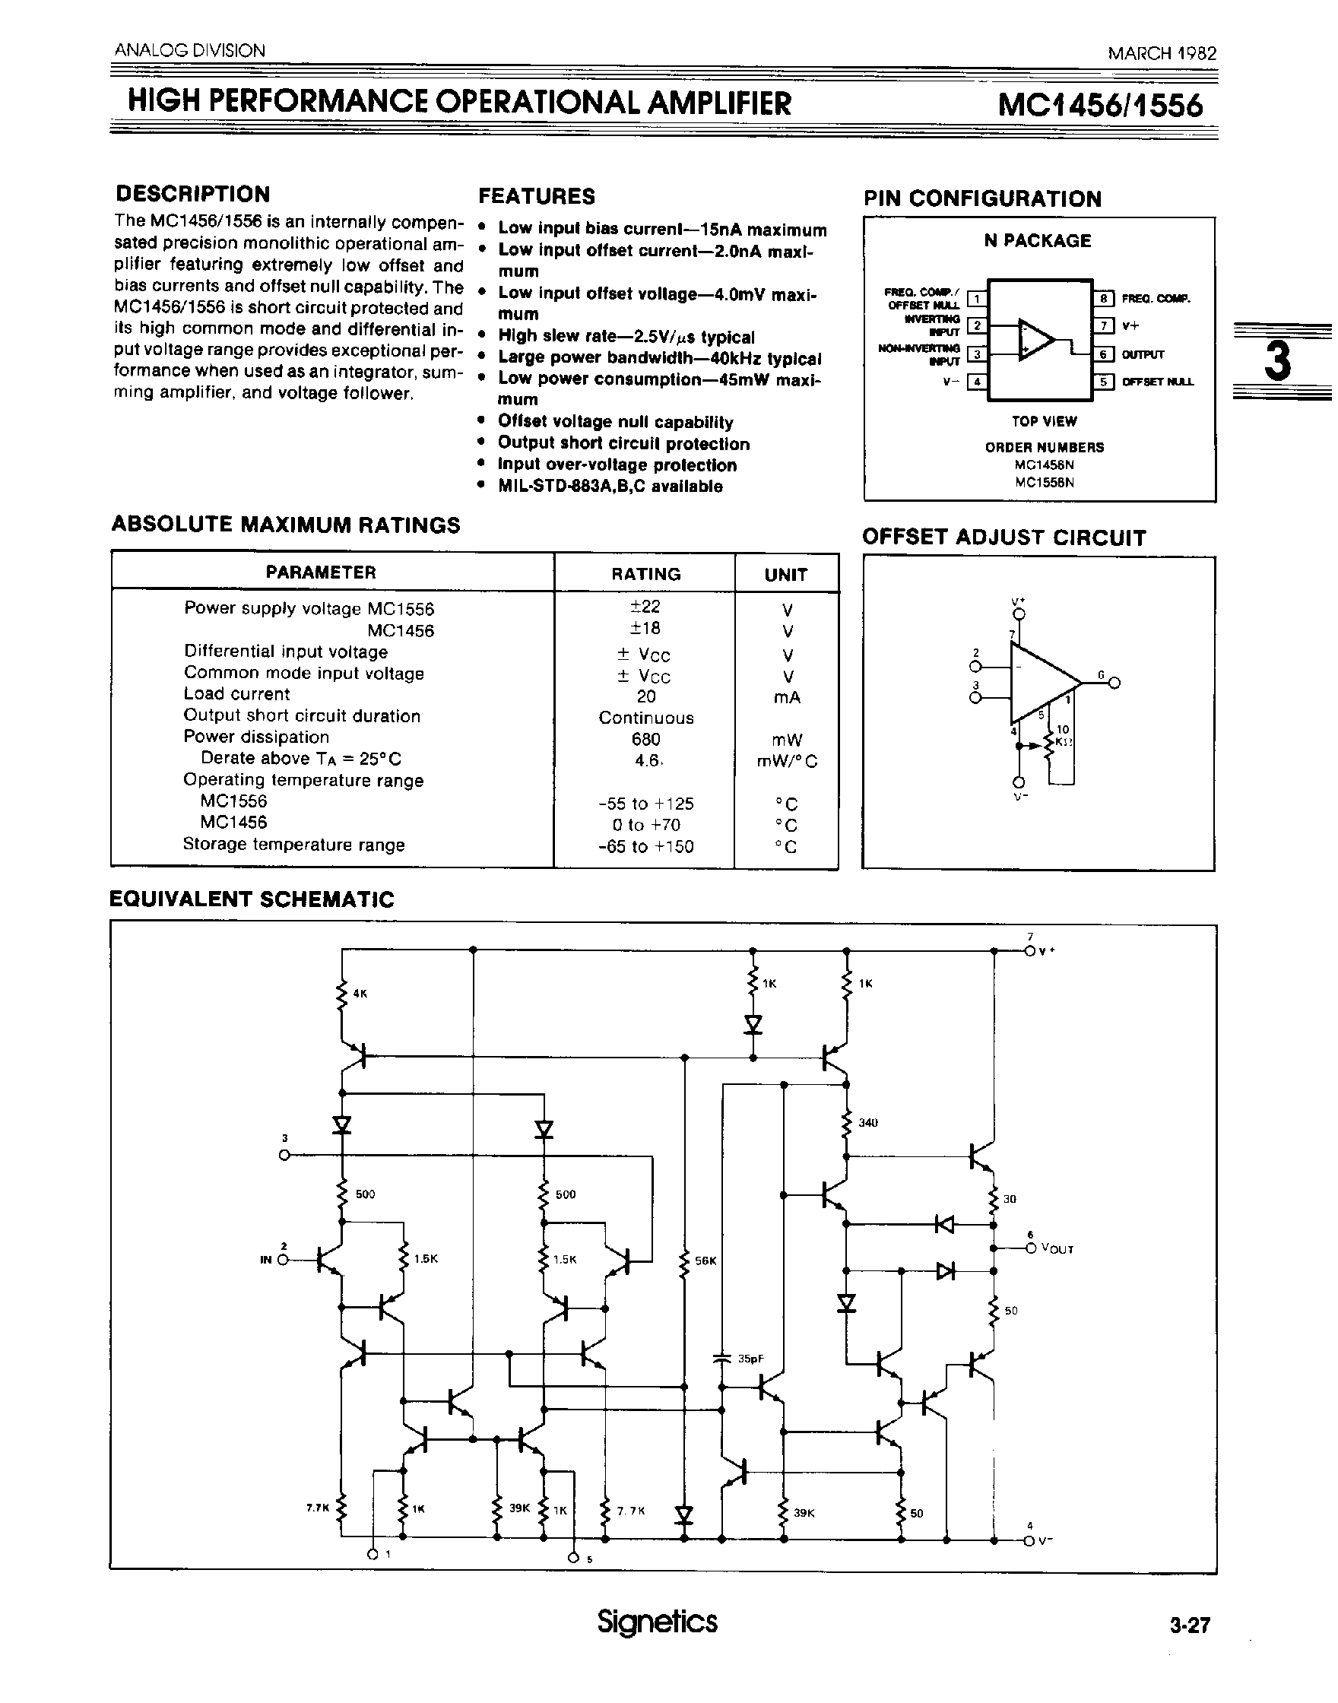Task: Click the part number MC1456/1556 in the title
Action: point(1100,105)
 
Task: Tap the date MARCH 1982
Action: point(1162,53)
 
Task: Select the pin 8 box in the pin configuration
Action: point(1104,299)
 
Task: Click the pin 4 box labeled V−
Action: point(976,382)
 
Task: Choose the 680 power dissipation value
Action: point(645,739)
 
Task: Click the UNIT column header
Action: point(786,574)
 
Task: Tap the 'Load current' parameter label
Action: point(236,694)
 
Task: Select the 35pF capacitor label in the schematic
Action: point(750,1359)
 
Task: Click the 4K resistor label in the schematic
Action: point(360,993)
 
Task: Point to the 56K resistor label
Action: point(705,1261)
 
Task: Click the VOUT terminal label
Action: point(1057,1248)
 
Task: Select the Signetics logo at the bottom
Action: point(657,1621)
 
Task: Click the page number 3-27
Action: point(1190,1625)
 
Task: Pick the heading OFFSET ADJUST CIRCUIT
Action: point(1003,538)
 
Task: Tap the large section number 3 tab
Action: point(1278,361)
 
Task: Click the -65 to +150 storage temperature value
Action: point(645,846)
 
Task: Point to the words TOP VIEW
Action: point(1044,421)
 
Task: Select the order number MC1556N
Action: point(1044,483)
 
